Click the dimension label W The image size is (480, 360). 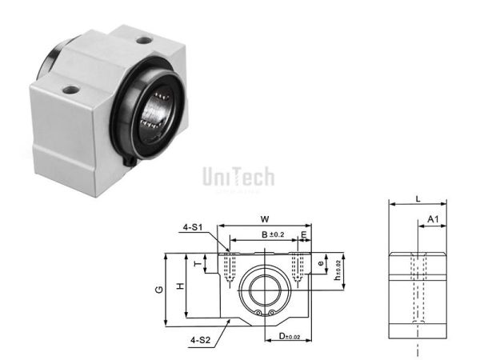click(x=264, y=217)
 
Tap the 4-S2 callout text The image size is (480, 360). click(x=200, y=340)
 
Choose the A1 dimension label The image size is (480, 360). click(x=432, y=219)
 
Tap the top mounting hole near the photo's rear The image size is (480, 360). click(x=143, y=40)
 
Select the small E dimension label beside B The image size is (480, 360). click(x=304, y=234)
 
